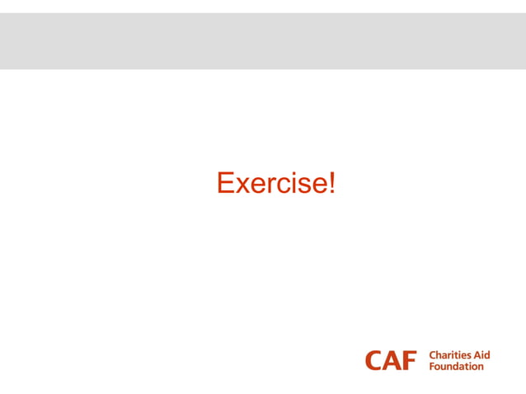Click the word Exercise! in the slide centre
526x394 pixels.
pos(275,183)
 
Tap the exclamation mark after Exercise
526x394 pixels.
pos(331,183)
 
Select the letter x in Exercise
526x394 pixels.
pos(242,185)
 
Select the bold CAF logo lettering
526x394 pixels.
pos(392,360)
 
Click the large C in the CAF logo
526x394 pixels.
pos(375,360)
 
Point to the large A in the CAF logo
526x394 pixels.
pos(392,360)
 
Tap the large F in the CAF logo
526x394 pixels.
pos(410,360)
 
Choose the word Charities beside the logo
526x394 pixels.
pos(449,355)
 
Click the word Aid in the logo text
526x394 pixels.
pos(481,355)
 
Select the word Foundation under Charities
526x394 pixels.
pos(457,366)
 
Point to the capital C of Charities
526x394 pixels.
pos(433,355)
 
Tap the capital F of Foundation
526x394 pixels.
pos(432,366)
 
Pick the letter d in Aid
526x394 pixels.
pos(487,355)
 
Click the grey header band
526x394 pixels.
pos(263,40)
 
